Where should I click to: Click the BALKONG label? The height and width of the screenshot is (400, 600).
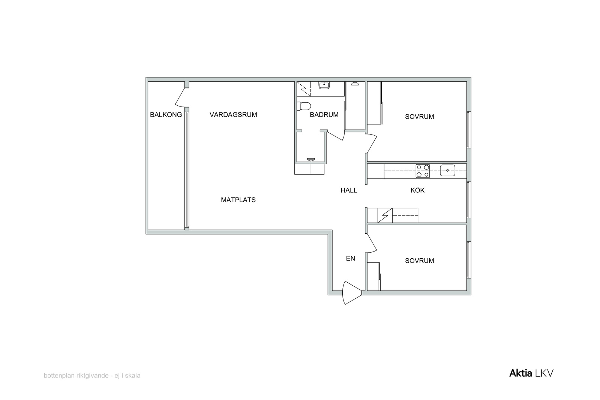166,115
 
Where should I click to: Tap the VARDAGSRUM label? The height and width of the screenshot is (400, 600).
233,115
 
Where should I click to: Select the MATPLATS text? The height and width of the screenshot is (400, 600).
238,200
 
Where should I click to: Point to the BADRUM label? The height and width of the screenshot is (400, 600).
324,115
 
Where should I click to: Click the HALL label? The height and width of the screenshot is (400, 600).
349,190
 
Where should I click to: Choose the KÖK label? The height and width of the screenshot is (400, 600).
417,190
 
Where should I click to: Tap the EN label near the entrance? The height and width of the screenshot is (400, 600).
351,258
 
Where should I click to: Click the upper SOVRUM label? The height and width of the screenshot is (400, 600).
420,117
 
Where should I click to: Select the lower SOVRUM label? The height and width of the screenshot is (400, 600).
420,261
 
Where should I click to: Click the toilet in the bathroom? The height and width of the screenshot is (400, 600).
304,106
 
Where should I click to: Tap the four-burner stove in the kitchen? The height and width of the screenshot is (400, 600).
423,171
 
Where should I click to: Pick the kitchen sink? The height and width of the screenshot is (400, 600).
448,170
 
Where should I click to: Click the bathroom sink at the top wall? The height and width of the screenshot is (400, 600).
324,85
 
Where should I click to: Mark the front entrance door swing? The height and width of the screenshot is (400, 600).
351,293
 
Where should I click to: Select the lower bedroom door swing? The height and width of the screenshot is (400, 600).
372,243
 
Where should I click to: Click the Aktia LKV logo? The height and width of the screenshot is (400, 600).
531,373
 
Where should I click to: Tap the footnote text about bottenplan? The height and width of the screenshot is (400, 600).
92,376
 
